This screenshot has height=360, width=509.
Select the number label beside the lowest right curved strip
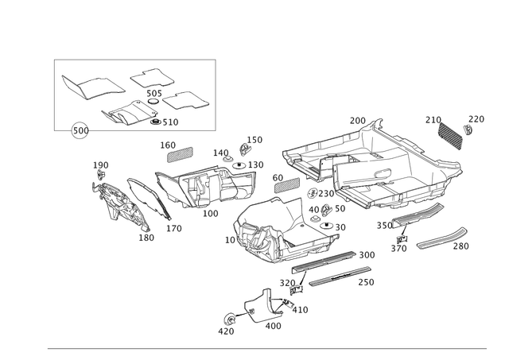point(463,247)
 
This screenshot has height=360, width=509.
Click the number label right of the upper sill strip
point(367,254)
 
